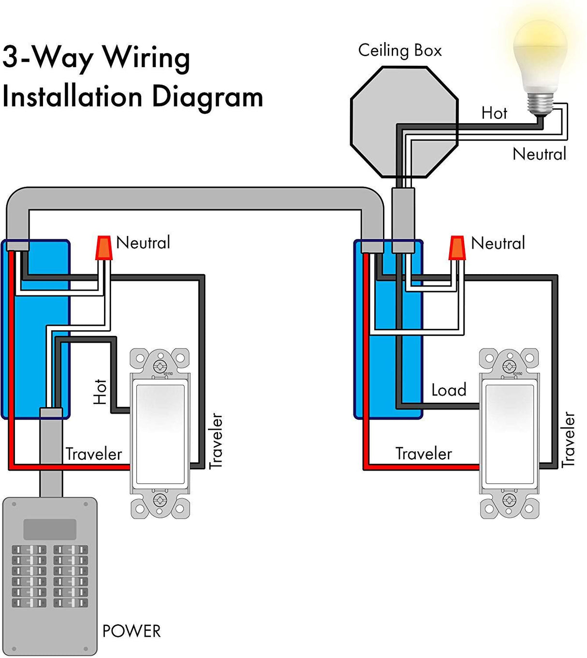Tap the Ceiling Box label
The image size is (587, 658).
400,50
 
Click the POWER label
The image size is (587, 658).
131,631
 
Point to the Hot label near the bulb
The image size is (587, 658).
494,113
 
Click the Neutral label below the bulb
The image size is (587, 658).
539,154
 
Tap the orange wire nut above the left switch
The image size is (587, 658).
103,248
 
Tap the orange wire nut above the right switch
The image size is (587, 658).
457,248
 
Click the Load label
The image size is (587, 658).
449,390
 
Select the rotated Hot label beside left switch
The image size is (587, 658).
100,392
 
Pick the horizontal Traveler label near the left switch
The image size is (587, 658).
94,454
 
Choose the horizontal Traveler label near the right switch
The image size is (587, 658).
424,453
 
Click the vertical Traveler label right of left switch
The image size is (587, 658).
216,441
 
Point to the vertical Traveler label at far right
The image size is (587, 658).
569,439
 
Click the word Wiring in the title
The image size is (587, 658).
146,58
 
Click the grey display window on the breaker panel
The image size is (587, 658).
50,529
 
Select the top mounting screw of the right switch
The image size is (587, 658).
509,366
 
